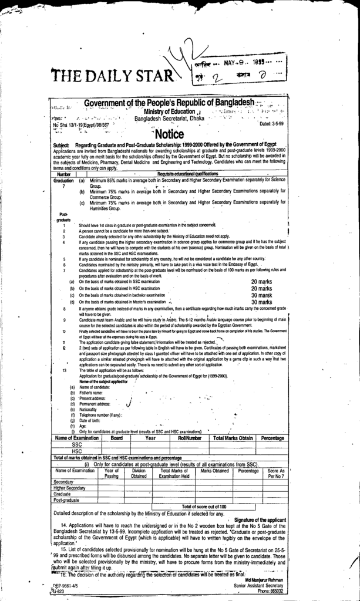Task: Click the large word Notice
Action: (173, 135)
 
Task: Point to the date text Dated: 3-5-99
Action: (271, 124)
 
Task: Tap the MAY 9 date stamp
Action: (242, 62)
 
